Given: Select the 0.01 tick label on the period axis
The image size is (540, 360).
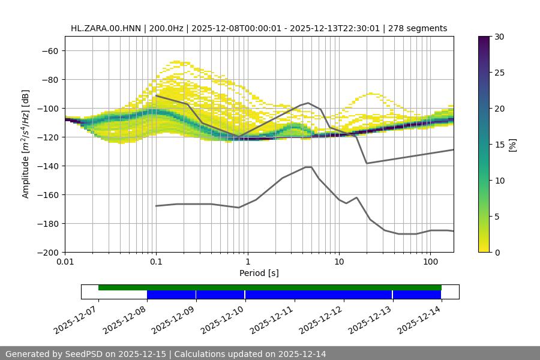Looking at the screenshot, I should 65,262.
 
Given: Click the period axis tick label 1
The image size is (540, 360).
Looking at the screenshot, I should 247,262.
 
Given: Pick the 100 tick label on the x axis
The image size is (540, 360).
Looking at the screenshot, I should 430,262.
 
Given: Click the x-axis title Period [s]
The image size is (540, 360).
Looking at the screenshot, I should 259,273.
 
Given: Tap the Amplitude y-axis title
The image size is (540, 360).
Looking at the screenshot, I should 26,144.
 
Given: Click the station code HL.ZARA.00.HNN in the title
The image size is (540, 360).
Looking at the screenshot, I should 103,28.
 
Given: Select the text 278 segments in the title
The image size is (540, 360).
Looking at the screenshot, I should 418,28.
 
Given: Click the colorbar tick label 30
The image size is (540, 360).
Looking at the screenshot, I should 499,37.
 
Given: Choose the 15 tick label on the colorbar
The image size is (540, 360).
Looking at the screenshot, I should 499,145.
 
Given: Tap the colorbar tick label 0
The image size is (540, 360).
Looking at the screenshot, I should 497,252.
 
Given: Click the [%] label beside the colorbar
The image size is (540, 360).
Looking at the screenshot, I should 512,145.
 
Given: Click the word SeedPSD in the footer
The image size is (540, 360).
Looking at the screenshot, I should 85,354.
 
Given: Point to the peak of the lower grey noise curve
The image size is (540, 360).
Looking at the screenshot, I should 308,167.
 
